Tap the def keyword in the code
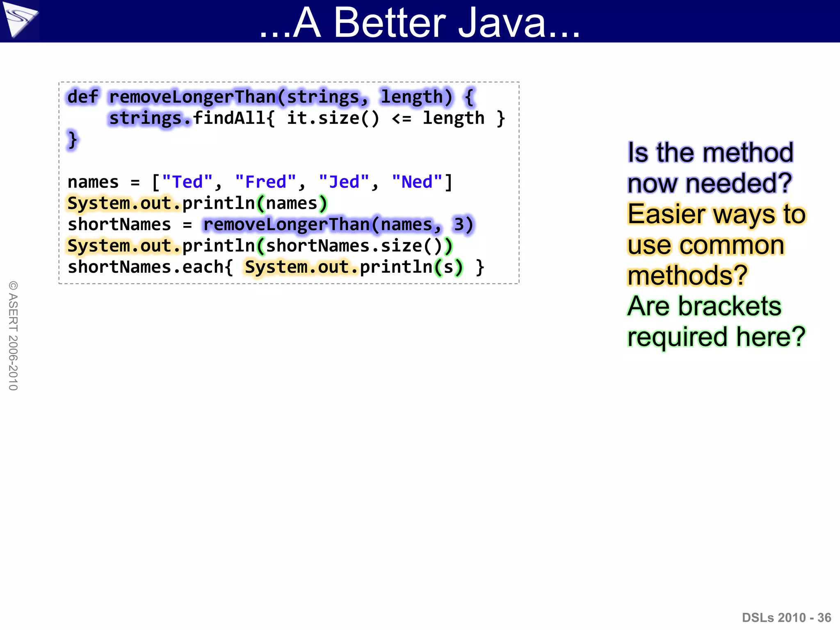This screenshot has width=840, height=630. (82, 97)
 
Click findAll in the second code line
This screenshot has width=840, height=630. (229, 118)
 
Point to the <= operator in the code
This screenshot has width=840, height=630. (401, 119)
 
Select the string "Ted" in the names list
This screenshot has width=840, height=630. (187, 182)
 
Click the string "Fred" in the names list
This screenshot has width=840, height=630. (266, 182)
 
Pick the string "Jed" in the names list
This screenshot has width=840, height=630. (344, 182)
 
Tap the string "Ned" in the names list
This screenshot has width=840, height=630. (417, 182)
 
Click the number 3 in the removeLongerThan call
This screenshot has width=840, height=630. (459, 225)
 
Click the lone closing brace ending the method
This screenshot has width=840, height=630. (73, 140)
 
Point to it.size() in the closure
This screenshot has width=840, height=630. (333, 119)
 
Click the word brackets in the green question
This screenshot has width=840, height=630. (730, 306)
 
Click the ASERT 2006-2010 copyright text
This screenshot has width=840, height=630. (13, 336)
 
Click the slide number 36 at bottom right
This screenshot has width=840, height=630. (824, 618)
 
